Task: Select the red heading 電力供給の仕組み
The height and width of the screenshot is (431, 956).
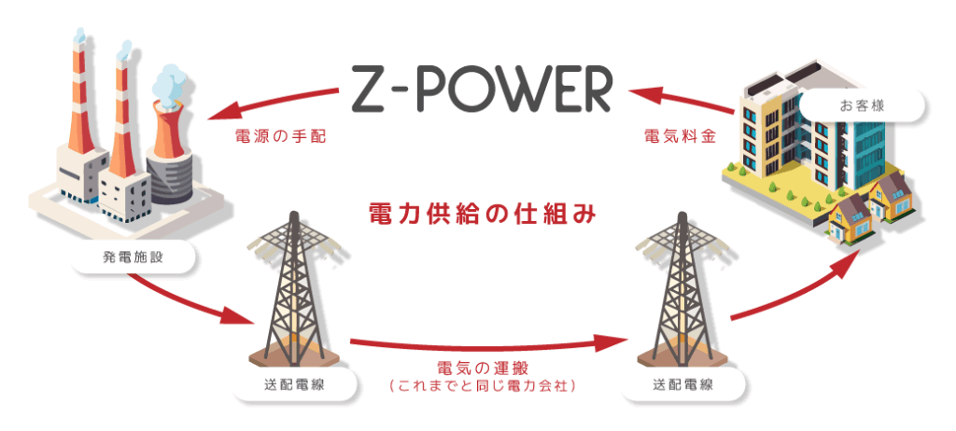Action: click(479, 213)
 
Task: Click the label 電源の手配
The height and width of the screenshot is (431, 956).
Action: click(280, 136)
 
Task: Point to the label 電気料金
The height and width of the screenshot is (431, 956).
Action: click(681, 136)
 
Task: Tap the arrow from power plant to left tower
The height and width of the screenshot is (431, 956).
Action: click(187, 299)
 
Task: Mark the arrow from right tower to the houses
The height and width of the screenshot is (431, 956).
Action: click(794, 289)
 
